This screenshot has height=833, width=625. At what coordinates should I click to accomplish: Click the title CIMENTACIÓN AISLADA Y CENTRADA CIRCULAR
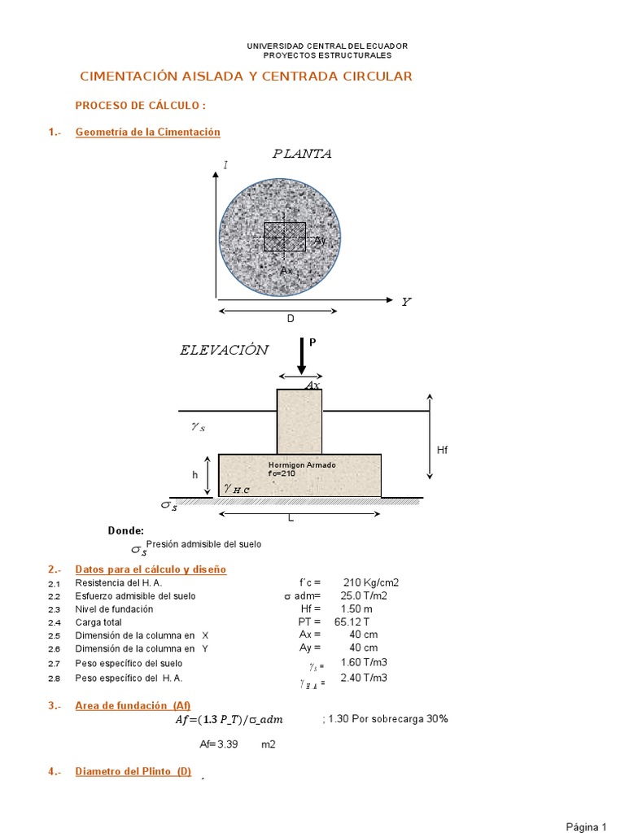tap(246, 76)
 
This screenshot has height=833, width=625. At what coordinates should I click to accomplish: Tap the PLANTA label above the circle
tap(302, 154)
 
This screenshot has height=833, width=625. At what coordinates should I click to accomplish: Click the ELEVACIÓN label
tap(224, 351)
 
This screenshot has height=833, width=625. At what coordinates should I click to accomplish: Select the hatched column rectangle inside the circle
tap(284, 237)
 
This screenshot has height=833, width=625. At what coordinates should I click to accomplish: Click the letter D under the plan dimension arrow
tap(290, 319)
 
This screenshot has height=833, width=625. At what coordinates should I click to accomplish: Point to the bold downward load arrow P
tap(301, 355)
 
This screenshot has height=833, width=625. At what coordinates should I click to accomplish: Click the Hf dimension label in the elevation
tap(443, 449)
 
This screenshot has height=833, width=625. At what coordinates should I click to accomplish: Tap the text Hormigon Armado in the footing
tap(302, 465)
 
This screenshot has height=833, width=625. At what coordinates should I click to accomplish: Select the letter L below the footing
tap(289, 518)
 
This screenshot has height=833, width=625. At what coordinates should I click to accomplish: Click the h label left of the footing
tap(195, 474)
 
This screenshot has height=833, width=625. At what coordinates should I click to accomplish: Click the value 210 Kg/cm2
tap(371, 582)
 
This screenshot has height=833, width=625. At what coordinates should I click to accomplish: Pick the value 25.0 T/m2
tap(368, 595)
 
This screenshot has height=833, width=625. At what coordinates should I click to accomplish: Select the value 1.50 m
tap(356, 608)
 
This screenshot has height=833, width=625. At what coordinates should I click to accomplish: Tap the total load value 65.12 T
tap(352, 621)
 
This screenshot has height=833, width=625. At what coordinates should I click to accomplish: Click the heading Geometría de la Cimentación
tap(147, 132)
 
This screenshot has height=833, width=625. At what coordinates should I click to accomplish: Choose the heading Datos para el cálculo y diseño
tap(151, 569)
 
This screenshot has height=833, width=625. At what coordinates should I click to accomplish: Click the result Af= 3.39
tap(218, 744)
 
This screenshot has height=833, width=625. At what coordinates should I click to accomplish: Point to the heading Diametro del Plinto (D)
tap(133, 772)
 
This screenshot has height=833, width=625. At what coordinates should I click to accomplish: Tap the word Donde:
tap(125, 530)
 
